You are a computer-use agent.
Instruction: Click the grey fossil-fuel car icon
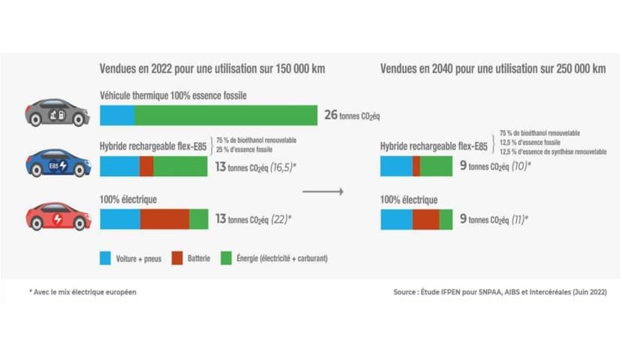(57, 113)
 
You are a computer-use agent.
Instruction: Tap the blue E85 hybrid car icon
(58, 163)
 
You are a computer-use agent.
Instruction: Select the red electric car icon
(58, 216)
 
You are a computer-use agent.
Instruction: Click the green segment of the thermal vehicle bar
(225, 115)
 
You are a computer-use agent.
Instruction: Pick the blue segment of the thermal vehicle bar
(117, 115)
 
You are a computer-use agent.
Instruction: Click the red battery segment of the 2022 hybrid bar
(146, 166)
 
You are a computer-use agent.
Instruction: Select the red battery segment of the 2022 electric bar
(165, 219)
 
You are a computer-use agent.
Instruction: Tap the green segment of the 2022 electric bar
(198, 219)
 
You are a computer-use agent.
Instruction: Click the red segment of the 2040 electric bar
(425, 219)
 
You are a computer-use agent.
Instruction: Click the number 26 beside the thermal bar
(331, 115)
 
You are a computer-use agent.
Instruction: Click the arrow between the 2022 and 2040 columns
(322, 192)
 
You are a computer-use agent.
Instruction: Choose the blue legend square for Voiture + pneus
(106, 258)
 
